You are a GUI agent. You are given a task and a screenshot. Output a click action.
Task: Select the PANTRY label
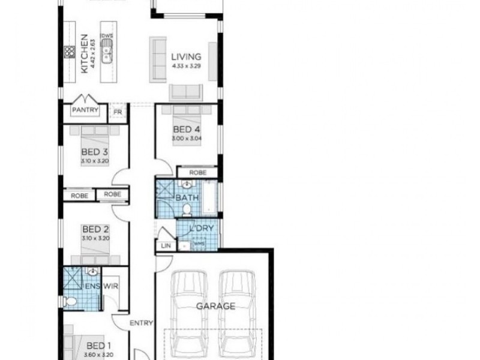click(85, 110)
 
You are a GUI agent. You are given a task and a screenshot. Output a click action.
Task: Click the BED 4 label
click(186, 130)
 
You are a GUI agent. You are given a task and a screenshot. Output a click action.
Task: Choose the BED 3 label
click(94, 152)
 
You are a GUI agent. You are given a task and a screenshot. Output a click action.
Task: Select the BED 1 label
click(98, 346)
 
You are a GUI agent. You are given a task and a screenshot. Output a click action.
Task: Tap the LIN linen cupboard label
click(166, 245)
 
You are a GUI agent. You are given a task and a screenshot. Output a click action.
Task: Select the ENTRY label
click(141, 323)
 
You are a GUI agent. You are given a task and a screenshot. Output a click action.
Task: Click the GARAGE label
click(215, 305)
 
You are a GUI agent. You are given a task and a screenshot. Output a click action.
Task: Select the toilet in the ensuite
click(71, 301)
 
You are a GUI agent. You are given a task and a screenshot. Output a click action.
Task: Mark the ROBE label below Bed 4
click(197, 173)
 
